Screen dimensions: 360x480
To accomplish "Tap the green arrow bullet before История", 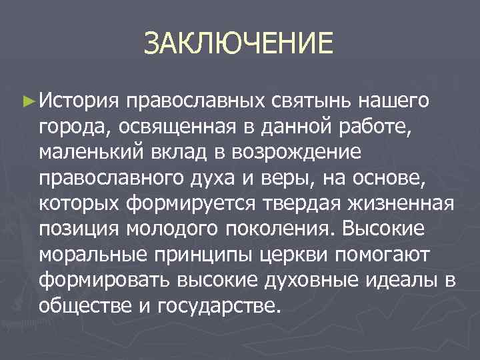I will click(27, 102).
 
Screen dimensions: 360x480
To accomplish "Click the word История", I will click(79, 101).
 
